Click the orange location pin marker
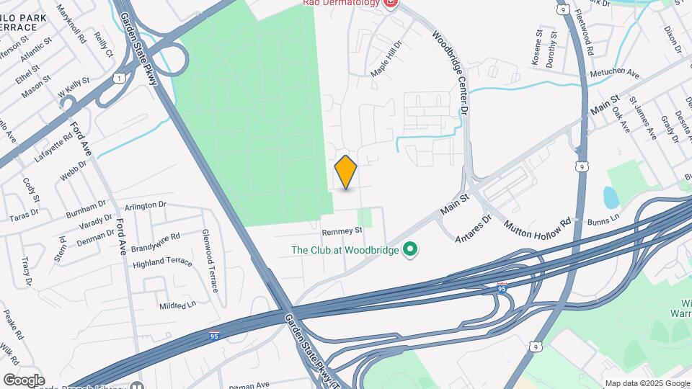[346, 172]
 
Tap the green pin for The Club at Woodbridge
[411, 251]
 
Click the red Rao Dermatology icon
[391, 3]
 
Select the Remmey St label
[342, 231]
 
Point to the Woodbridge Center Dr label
[451, 73]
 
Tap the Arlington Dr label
[146, 206]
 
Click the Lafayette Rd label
[53, 148]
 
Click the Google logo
[24, 380]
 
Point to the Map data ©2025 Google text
[647, 383]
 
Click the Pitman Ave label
[249, 384]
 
